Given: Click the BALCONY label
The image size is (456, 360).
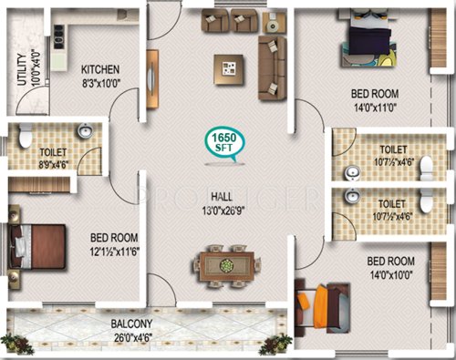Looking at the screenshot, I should click(133, 323).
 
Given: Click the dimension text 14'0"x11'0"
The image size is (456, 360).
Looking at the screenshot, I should click(376, 107).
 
